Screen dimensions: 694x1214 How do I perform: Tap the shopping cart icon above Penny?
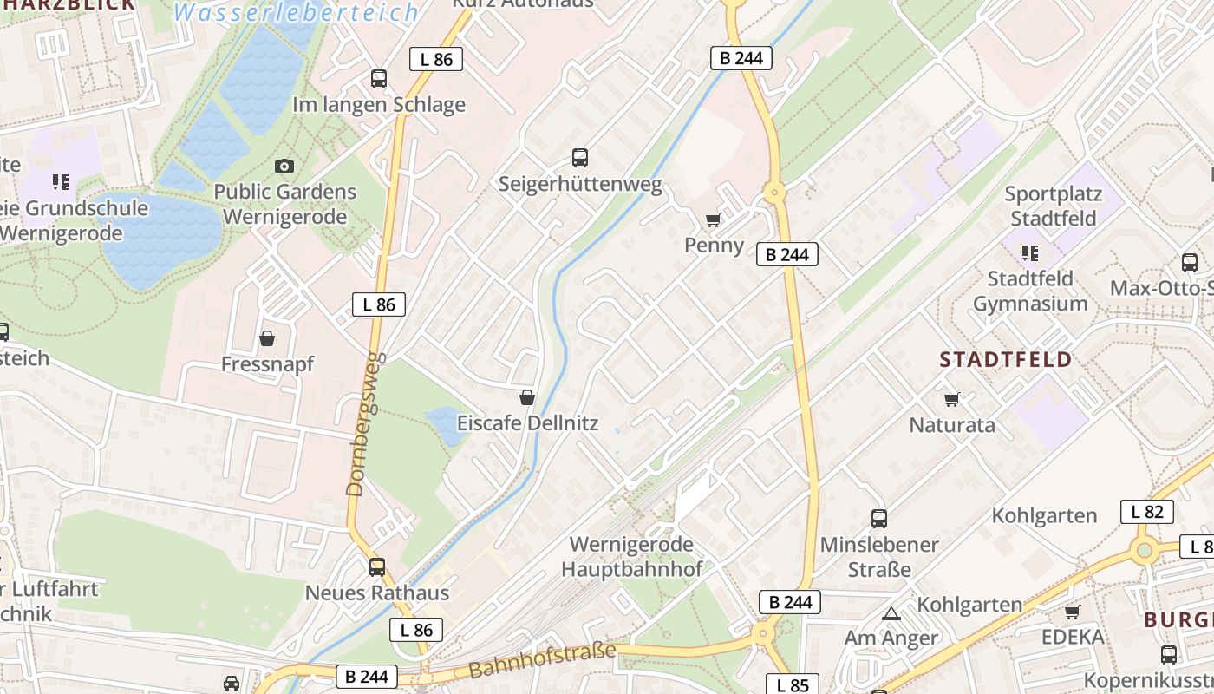[x=714, y=219]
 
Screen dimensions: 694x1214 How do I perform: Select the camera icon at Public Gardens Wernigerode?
[x=284, y=166]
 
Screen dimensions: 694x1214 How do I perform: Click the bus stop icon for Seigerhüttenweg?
[x=580, y=158]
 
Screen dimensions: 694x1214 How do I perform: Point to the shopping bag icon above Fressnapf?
[x=267, y=337]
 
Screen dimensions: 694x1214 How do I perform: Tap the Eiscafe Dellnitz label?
[x=527, y=424]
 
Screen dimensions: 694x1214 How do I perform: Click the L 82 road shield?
[x=1146, y=512]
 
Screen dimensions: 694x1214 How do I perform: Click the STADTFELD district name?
[x=1006, y=359]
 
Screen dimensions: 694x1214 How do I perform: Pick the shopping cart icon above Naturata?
[x=952, y=399]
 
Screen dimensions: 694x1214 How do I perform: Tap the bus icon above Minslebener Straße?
[x=879, y=519]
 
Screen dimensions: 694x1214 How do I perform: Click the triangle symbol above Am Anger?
[x=891, y=613]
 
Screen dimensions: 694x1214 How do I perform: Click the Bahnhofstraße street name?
[x=542, y=660]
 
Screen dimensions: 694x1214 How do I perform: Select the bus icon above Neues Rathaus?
[x=377, y=567]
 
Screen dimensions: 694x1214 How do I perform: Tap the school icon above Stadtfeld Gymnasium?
[x=1030, y=252]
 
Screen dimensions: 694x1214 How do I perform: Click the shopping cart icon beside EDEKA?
[x=1073, y=612]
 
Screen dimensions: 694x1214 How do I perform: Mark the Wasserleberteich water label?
[x=297, y=12]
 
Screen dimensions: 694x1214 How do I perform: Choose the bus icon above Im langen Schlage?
[x=379, y=79]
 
